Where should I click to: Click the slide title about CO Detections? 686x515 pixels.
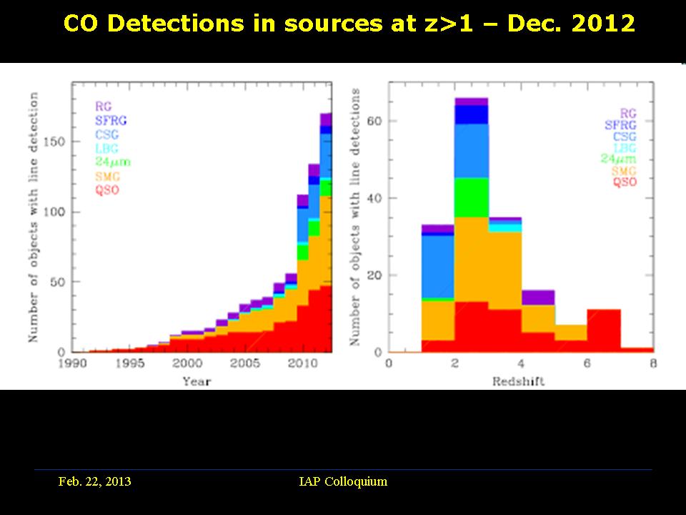click(x=349, y=24)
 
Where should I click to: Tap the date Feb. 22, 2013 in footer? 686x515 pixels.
click(x=94, y=481)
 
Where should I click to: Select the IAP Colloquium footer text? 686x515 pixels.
click(x=343, y=481)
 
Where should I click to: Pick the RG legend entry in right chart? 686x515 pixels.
click(x=628, y=113)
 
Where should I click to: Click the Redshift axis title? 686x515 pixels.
click(x=518, y=381)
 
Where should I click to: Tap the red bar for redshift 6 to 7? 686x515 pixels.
click(x=604, y=330)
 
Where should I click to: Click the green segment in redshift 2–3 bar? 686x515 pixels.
click(x=471, y=197)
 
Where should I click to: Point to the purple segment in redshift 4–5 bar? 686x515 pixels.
click(x=537, y=298)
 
